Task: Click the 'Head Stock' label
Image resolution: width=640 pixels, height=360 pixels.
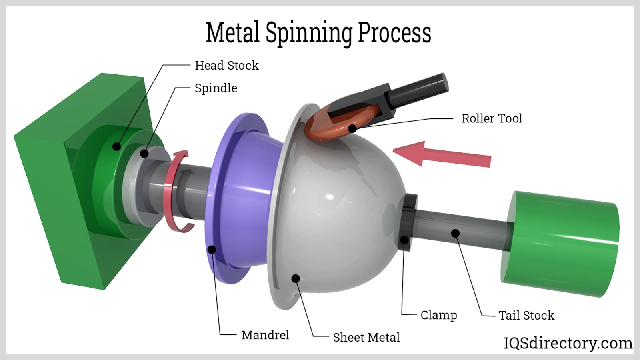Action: pyautogui.click(x=226, y=65)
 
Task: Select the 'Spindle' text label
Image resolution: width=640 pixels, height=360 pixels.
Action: pyautogui.click(x=216, y=88)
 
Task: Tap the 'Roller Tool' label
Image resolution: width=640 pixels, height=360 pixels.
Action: pyautogui.click(x=492, y=118)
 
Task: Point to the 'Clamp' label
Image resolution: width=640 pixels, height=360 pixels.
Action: pyautogui.click(x=438, y=315)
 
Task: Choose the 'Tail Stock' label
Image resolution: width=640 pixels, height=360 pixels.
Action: pyautogui.click(x=526, y=315)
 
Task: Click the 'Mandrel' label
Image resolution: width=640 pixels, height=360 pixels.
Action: pyautogui.click(x=265, y=335)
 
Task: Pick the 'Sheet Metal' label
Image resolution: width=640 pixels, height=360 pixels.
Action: pyautogui.click(x=366, y=337)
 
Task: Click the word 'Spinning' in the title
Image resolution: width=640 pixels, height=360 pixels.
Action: pyautogui.click(x=309, y=33)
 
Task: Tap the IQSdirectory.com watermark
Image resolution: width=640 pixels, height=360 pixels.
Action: pyautogui.click(x=568, y=343)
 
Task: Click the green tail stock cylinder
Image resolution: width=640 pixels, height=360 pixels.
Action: pyautogui.click(x=560, y=244)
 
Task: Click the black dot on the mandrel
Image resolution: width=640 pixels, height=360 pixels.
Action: pyautogui.click(x=212, y=250)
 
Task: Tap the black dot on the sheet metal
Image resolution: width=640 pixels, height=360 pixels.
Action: pyautogui.click(x=296, y=278)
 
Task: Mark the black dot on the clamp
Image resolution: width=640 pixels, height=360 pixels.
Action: pyautogui.click(x=404, y=240)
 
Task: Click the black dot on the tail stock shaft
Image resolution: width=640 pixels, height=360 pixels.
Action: pyautogui.click(x=455, y=233)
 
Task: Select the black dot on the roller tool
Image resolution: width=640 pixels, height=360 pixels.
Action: pyautogui.click(x=352, y=128)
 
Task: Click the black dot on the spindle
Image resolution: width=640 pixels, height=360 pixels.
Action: pyautogui.click(x=144, y=153)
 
